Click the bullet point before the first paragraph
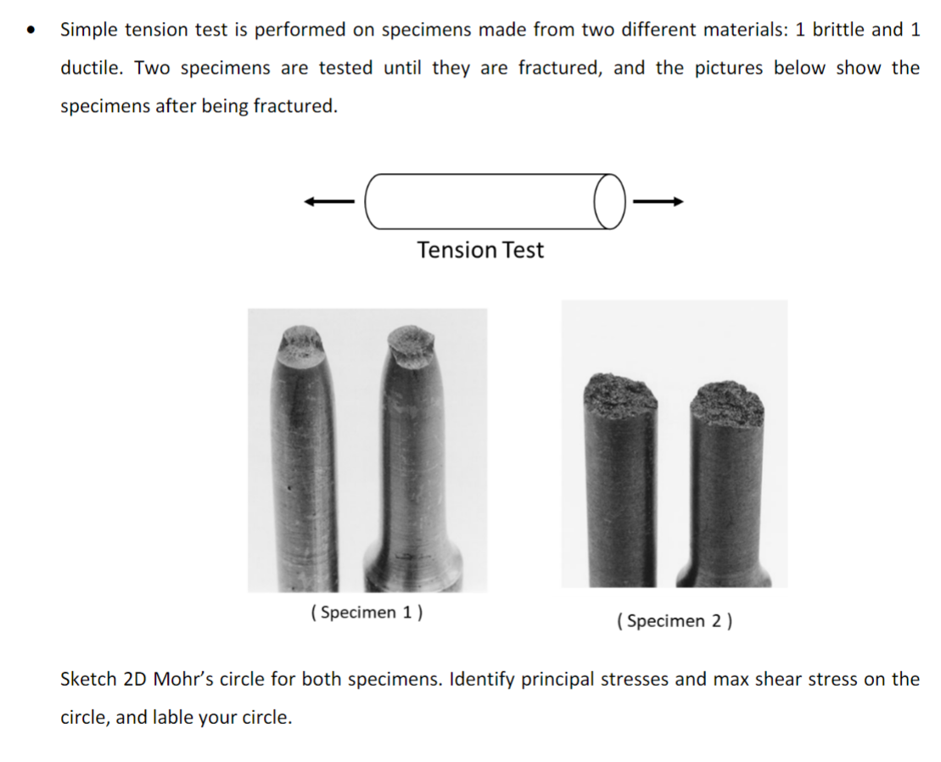[32, 31]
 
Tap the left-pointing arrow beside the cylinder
[328, 202]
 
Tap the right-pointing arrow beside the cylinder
[658, 202]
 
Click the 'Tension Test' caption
[480, 250]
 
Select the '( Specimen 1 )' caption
[367, 613]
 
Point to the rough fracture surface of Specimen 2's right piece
[726, 403]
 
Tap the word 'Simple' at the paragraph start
[91, 30]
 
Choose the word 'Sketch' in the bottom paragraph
[88, 680]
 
